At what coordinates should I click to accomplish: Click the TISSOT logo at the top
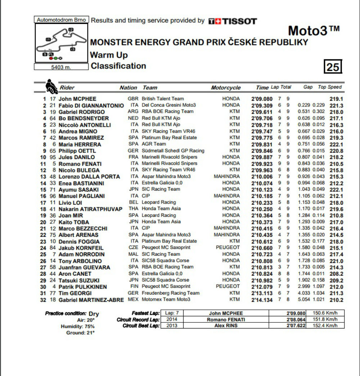click(x=233, y=21)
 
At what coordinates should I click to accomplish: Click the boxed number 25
click(x=333, y=67)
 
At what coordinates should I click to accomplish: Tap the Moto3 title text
click(x=314, y=31)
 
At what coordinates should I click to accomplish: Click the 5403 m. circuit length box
click(x=61, y=67)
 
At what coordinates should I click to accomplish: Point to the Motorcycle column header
click(x=226, y=87)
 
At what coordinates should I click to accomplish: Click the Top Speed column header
click(x=330, y=87)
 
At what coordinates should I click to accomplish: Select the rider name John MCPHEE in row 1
click(x=77, y=99)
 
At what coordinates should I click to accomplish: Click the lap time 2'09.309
click(x=261, y=105)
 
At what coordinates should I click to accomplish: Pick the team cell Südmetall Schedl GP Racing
click(x=173, y=151)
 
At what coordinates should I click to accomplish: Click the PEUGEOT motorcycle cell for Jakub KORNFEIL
click(x=228, y=248)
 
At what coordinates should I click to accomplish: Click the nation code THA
click(x=134, y=209)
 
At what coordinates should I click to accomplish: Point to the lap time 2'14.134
click(x=261, y=300)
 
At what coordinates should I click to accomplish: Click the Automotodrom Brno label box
click(x=61, y=20)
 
